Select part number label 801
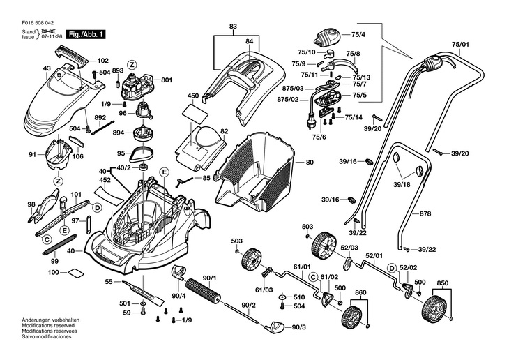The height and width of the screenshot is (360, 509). [x=167, y=80]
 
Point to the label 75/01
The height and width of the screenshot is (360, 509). [x=460, y=45]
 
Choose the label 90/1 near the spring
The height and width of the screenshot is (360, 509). [x=210, y=278]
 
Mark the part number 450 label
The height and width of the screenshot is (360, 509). [x=193, y=96]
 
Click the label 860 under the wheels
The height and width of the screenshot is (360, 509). [x=360, y=292]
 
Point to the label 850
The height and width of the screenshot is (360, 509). [x=442, y=283]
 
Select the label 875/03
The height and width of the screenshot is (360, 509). [x=294, y=89]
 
